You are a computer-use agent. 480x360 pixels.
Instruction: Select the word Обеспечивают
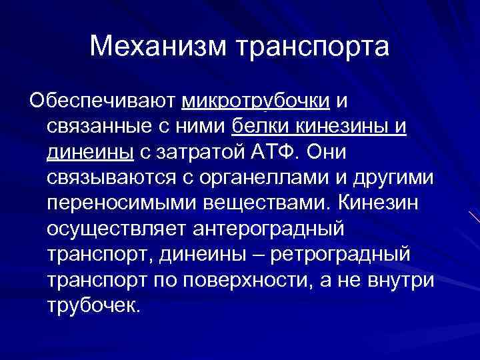103,101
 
